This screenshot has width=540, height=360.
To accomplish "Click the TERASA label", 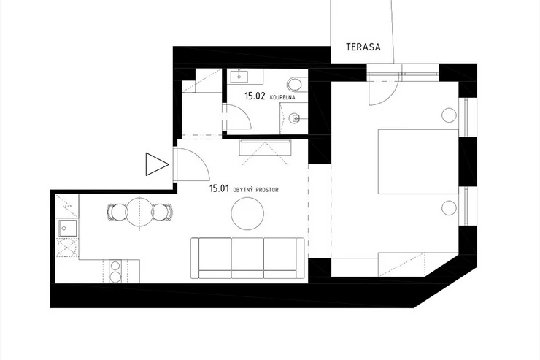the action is pyautogui.click(x=363, y=47).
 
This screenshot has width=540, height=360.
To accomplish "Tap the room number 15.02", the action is pyautogui.click(x=255, y=96).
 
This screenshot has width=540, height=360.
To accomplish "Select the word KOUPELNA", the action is pyautogui.click(x=282, y=97).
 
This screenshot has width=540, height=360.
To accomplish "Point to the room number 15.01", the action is pyautogui.click(x=219, y=188).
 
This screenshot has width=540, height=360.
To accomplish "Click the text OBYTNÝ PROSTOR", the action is pyautogui.click(x=256, y=190).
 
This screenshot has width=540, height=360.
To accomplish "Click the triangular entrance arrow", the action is pyautogui.click(x=157, y=164).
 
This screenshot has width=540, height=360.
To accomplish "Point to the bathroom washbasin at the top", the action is pyautogui.click(x=239, y=76).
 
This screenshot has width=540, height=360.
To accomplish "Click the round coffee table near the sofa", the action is pyautogui.click(x=247, y=213).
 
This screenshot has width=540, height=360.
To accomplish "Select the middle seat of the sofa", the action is pyautogui.click(x=247, y=258).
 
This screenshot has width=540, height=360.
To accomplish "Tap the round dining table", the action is pyautogui.click(x=140, y=212).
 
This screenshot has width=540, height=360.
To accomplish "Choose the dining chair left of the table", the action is pyautogui.click(x=117, y=212).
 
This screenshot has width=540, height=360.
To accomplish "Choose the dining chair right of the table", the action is pyautogui.click(x=162, y=212).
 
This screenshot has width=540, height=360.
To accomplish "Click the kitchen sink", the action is pyautogui.click(x=68, y=228).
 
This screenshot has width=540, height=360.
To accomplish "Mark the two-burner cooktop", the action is pyautogui.click(x=115, y=271).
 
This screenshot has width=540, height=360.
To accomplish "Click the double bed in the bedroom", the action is pyautogui.click(x=418, y=161).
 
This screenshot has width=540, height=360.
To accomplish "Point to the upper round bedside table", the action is pyautogui.click(x=449, y=115).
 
